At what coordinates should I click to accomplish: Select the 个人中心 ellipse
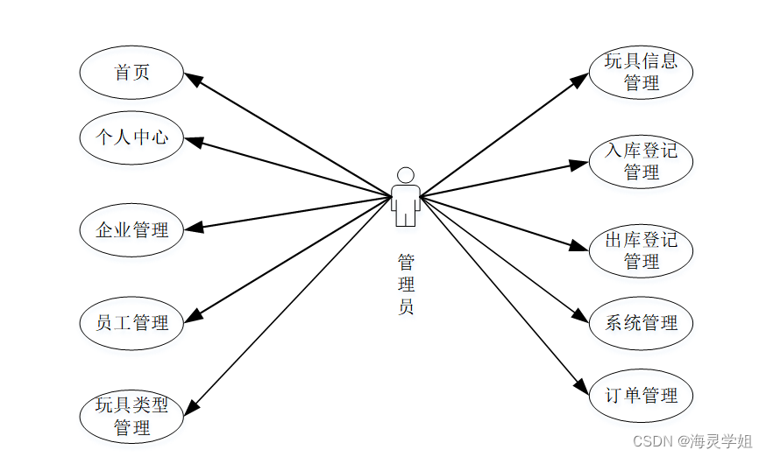pos(131,137)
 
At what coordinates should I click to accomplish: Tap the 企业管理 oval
pos(131,230)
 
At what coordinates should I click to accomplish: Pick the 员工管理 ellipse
pos(131,323)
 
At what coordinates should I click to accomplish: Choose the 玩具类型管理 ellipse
pos(131,417)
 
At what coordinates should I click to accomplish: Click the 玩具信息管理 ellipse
pos(641,72)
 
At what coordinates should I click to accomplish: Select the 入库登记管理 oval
pos(641,161)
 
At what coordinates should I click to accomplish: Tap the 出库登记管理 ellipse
pos(641,250)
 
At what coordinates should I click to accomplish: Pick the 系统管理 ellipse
pos(641,323)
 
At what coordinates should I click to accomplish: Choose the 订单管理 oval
pos(641,396)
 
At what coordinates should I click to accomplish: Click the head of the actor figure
pos(405,175)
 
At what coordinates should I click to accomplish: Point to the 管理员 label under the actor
pos(405,285)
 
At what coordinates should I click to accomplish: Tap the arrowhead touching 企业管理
pos(195,228)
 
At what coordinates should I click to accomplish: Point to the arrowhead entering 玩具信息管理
pos(580,80)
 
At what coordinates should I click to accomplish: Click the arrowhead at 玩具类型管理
pos(191,405)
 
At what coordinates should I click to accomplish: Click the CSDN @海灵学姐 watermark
pos(692,440)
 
